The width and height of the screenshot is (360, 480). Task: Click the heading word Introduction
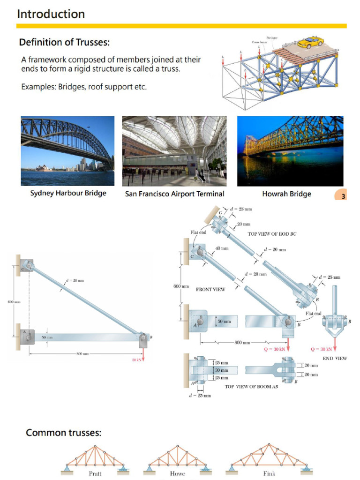pos(51,14)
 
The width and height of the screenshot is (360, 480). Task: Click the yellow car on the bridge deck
pos(310,42)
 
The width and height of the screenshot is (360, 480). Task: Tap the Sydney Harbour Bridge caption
pos(68,193)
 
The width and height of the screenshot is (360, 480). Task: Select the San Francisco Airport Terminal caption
pos(174,194)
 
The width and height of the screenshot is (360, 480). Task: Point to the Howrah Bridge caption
pos(286,194)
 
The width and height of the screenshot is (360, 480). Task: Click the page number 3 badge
pos(343,196)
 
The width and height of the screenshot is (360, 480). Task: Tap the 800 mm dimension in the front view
pos(243,342)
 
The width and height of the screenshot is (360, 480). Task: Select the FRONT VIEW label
pos(210,290)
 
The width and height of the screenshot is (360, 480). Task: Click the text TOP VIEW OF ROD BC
pos(272,233)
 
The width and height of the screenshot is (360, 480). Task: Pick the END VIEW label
pos(335,358)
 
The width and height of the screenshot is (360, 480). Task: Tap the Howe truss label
pos(177,473)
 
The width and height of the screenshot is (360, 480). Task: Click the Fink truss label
pos(269,473)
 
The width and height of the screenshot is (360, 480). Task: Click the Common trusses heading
pos(63,432)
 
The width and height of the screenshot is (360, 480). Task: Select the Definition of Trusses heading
pos(64,43)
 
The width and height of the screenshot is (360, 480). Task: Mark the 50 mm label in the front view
pos(225,322)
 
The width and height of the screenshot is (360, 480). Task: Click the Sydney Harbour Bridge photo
pos(67,151)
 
